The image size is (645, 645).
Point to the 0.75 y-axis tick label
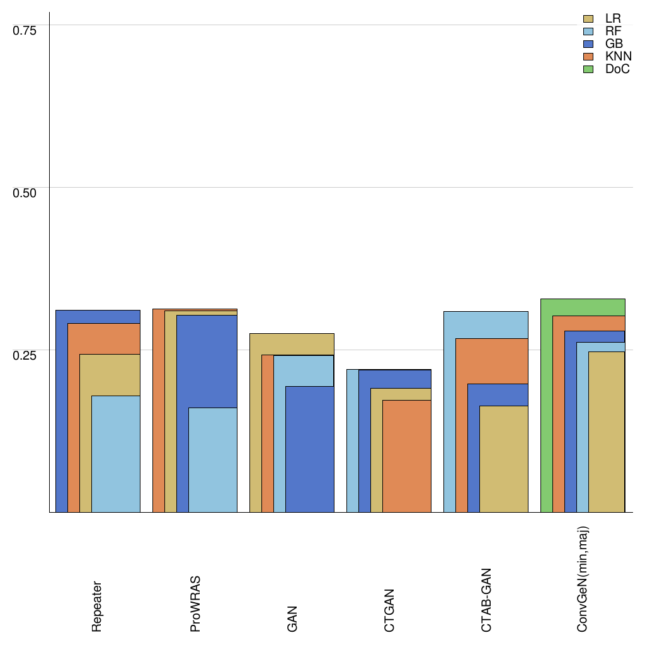tap(25, 30)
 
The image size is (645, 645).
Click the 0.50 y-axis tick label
tap(25, 192)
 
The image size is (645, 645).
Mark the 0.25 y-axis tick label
tap(25, 355)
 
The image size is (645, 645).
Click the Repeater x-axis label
tap(97, 606)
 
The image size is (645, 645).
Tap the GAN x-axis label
tap(292, 619)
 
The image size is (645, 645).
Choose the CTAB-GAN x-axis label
tap(486, 600)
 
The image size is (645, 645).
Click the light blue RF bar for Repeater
tap(116, 454)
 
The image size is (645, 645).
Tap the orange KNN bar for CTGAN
tap(407, 456)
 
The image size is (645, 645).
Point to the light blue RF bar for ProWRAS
tap(213, 460)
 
